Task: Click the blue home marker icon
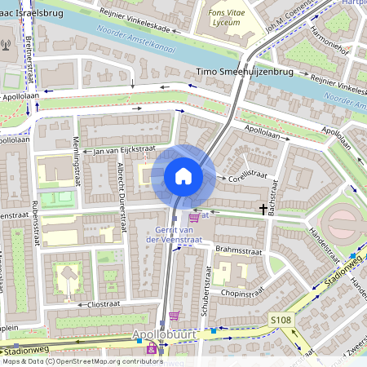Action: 183,176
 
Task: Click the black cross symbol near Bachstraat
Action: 263,210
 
